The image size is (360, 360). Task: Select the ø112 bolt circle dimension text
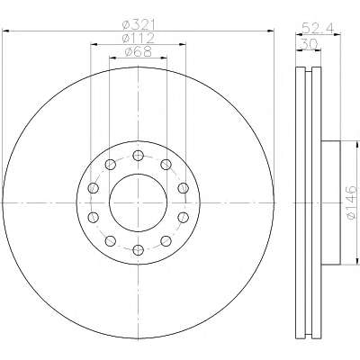coord(139,39)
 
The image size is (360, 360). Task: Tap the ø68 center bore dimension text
coord(139,52)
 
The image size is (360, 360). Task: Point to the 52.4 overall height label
coord(318,28)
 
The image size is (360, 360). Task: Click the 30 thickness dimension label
coord(308,44)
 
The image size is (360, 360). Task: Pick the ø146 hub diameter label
coord(351,203)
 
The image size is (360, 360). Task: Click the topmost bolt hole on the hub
coord(138,155)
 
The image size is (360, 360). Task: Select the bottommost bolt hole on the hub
coord(138,249)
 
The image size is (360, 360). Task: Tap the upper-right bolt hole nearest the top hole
coord(166,164)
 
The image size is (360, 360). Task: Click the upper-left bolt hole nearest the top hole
coord(111,164)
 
